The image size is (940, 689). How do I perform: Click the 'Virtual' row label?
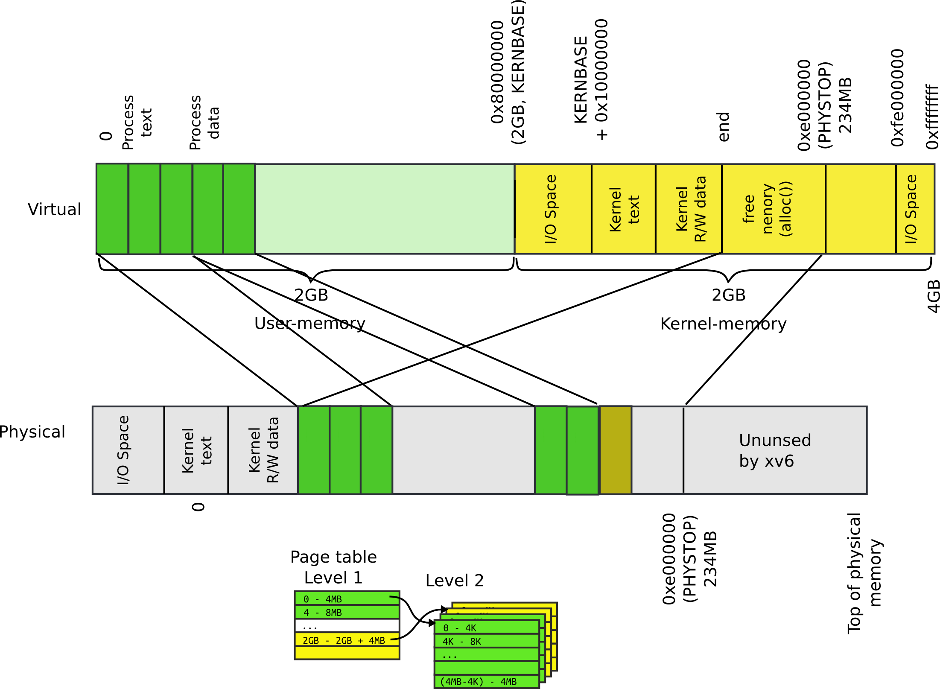point(54,209)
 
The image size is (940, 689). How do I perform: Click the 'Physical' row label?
point(32,432)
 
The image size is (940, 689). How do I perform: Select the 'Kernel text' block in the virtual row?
point(623,209)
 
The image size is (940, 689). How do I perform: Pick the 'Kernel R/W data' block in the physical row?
point(263,450)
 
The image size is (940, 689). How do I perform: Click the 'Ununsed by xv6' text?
point(774,450)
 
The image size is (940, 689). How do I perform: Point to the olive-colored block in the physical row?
point(615,450)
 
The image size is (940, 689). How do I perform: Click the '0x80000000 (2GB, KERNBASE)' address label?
point(507,73)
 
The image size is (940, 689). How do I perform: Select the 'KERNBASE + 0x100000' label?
point(591,80)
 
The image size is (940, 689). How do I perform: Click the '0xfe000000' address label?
point(897,98)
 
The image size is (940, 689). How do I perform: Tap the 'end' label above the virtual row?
point(724,127)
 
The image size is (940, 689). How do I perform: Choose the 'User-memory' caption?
point(309,323)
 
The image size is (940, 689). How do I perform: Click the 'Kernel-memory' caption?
point(723,324)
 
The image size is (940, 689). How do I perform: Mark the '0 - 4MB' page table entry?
point(347,598)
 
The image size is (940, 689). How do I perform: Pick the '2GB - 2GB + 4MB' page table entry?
point(347,640)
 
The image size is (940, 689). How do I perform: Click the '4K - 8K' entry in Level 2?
point(487,641)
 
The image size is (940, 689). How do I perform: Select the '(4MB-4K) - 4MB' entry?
point(487,682)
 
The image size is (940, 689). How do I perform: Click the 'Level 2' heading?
point(455,581)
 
